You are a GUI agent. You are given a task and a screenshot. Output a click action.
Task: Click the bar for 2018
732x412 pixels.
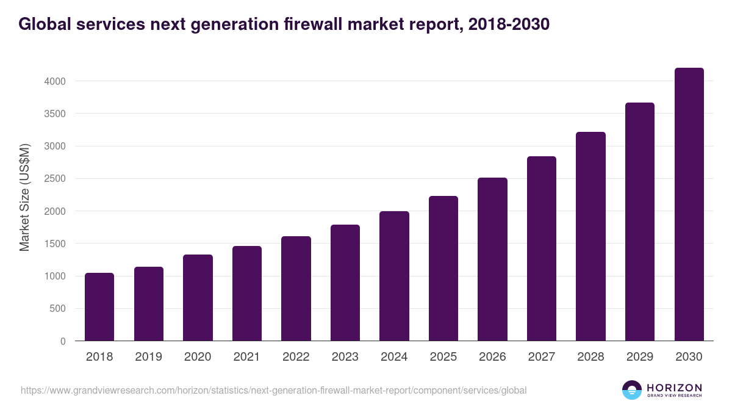[x=99, y=307]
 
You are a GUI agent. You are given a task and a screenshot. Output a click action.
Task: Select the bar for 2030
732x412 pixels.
[x=689, y=204]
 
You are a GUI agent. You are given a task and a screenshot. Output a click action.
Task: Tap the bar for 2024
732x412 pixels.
[x=394, y=276]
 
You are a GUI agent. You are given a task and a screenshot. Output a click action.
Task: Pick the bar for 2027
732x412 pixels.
[x=542, y=248]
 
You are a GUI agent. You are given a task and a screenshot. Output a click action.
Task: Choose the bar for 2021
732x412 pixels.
[x=247, y=294]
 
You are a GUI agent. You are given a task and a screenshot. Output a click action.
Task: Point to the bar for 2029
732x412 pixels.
[x=640, y=222]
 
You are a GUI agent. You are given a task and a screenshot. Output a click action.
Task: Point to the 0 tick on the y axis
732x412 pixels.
[x=63, y=341]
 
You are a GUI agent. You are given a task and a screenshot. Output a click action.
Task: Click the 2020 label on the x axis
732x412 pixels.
[x=198, y=357]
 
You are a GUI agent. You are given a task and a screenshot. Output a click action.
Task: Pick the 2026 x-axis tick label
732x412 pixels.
[x=492, y=357]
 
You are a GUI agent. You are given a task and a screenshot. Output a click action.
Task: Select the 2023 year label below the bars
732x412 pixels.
[x=345, y=357]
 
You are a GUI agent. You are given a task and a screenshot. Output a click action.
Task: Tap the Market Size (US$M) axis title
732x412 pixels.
[x=24, y=197]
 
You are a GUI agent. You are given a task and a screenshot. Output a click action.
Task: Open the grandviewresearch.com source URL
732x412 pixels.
[x=273, y=390]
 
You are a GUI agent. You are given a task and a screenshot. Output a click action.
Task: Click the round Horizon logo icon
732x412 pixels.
[x=632, y=390]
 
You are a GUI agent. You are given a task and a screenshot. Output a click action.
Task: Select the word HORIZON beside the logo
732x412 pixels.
[x=674, y=388]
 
